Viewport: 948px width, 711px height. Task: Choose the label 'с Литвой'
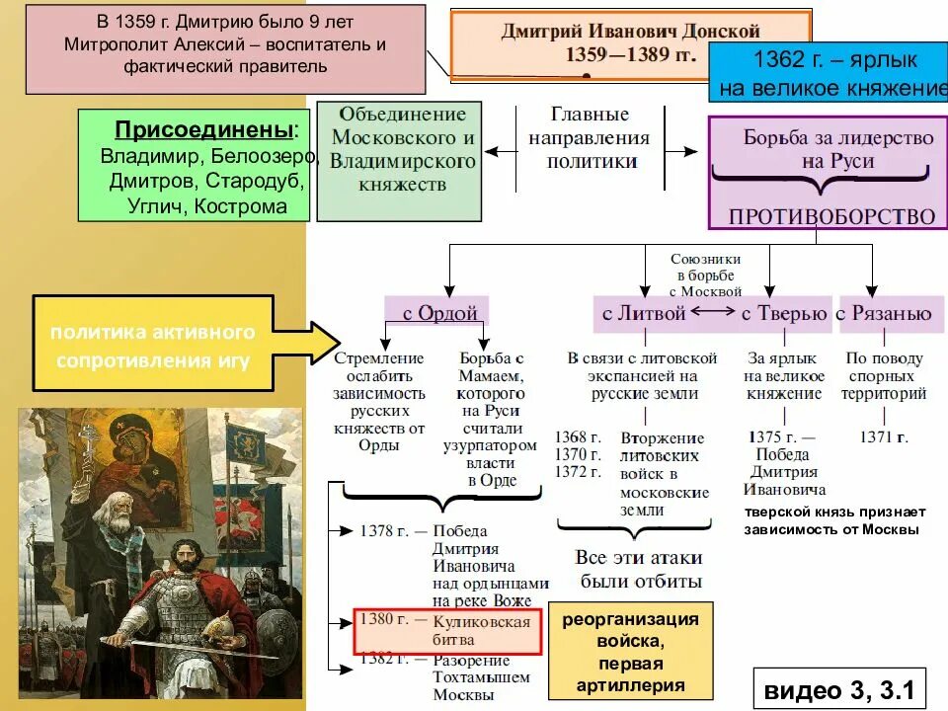[644, 314]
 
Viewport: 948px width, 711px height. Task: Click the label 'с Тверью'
[784, 314]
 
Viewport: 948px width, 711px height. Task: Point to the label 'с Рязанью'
[883, 314]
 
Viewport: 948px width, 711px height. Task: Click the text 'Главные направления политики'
[589, 138]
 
